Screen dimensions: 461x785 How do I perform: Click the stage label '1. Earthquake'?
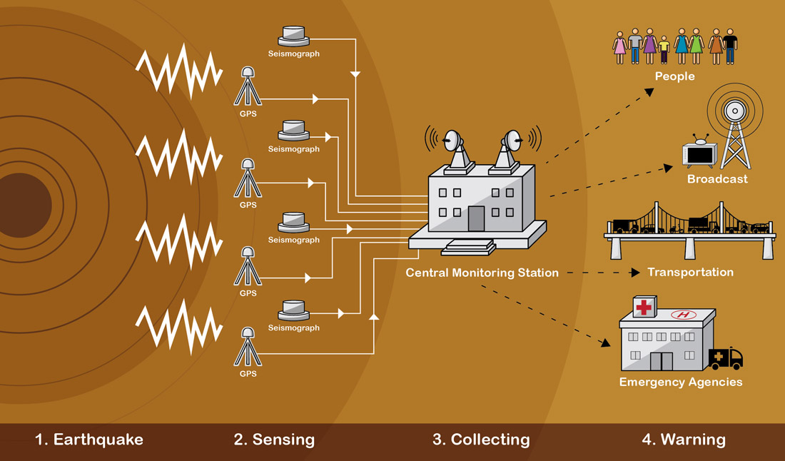89,440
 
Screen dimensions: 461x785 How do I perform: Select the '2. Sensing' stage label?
274,440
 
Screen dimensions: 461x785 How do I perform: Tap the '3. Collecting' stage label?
481,440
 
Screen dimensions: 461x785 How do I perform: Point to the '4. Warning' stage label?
683,440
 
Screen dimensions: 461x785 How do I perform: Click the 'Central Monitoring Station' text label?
482,273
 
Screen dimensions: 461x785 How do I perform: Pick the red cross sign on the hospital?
644,307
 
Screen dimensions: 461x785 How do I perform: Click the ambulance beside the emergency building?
726,358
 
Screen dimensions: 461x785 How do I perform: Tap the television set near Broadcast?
699,153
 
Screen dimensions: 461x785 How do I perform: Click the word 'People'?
674,76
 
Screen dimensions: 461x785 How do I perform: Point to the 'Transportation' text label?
690,272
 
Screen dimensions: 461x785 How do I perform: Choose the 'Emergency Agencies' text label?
680,382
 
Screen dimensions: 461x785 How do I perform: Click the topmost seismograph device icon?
293,36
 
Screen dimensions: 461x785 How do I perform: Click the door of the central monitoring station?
476,218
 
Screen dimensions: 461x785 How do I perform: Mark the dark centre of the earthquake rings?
21,205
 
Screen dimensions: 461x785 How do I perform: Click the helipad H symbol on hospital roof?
683,315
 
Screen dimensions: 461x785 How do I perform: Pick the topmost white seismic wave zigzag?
179,69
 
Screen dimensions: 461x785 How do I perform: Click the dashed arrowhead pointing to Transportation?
634,273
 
